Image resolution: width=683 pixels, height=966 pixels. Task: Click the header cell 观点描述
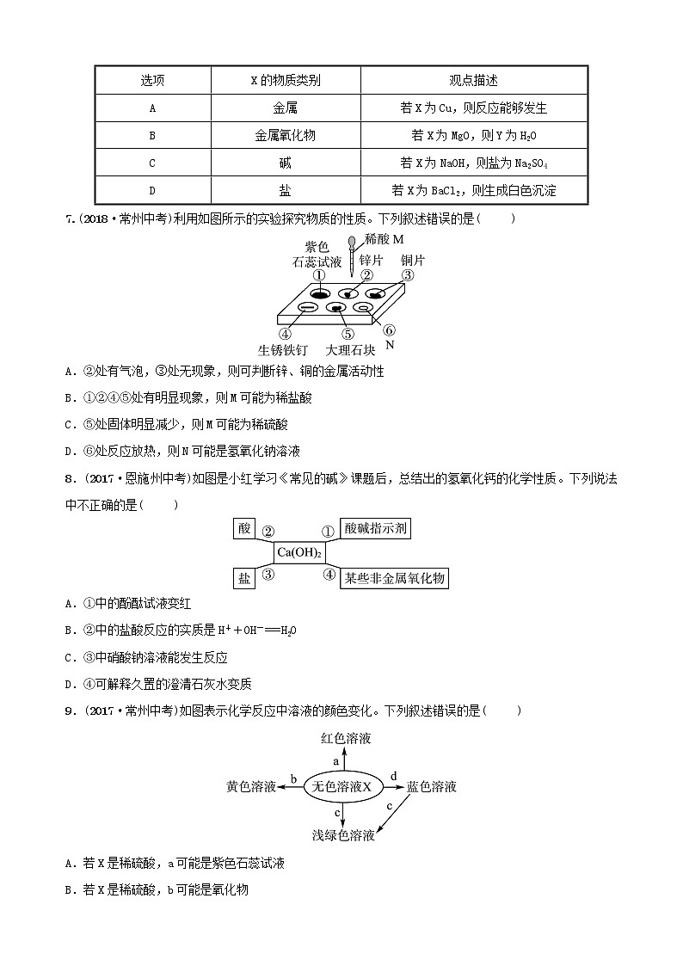[x=473, y=81]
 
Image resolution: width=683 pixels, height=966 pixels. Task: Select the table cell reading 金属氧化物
[x=285, y=136]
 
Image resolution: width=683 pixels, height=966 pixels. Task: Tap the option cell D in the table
[x=152, y=190]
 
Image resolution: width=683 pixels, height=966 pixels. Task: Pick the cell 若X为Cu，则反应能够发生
[x=473, y=108]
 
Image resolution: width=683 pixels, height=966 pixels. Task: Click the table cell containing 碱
[x=285, y=163]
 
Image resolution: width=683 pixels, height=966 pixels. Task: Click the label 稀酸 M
[x=384, y=238]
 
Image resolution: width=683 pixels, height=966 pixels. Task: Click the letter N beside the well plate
[x=389, y=344]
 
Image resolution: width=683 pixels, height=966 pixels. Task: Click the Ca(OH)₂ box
[x=298, y=552]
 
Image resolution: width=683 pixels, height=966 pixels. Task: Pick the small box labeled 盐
[x=244, y=578]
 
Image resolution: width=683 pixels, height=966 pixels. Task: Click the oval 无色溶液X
[x=341, y=786]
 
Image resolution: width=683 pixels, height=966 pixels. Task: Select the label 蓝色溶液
[x=431, y=786]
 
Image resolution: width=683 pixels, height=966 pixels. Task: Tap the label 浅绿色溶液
[x=343, y=835]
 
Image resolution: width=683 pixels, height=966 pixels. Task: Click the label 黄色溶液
[x=251, y=786]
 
